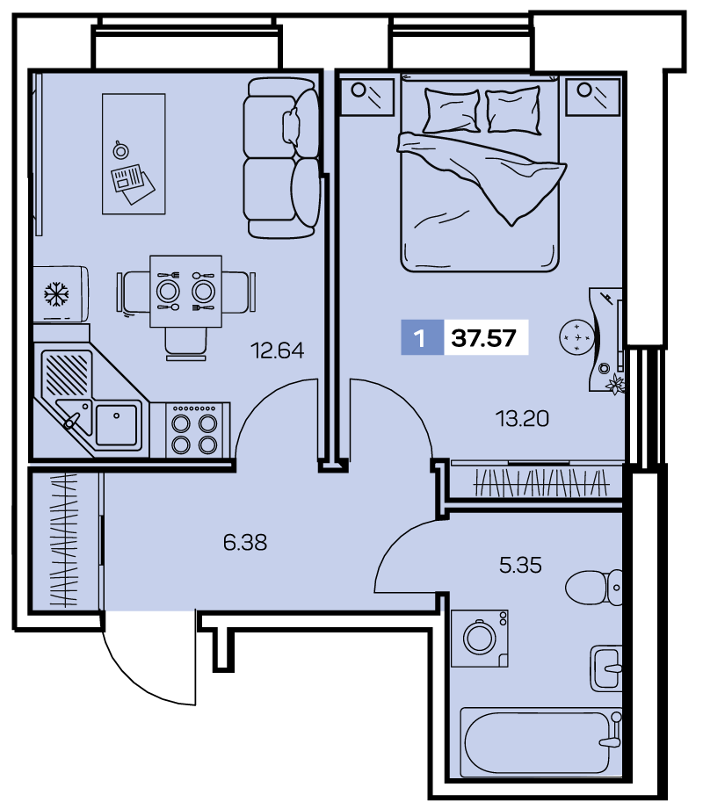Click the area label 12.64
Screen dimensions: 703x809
(277, 350)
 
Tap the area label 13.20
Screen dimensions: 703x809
(522, 418)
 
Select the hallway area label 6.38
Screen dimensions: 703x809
(245, 543)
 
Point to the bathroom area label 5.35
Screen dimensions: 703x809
(520, 566)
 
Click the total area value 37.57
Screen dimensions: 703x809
(483, 338)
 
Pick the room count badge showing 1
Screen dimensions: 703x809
(420, 338)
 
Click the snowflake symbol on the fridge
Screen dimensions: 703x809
(56, 294)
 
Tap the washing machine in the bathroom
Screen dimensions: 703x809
(480, 639)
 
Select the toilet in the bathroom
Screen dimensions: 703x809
(593, 587)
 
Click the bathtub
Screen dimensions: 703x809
(541, 742)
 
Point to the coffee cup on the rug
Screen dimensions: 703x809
(120, 149)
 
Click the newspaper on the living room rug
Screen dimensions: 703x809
(133, 184)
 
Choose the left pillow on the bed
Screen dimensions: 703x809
(452, 111)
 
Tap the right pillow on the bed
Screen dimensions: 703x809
(513, 111)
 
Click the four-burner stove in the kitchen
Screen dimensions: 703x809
(197, 430)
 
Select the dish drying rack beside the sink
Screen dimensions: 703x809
(67, 373)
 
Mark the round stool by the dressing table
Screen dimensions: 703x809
(576, 337)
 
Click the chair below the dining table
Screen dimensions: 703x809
(185, 343)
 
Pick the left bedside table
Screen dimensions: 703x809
(367, 97)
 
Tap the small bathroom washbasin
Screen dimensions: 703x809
(606, 668)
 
